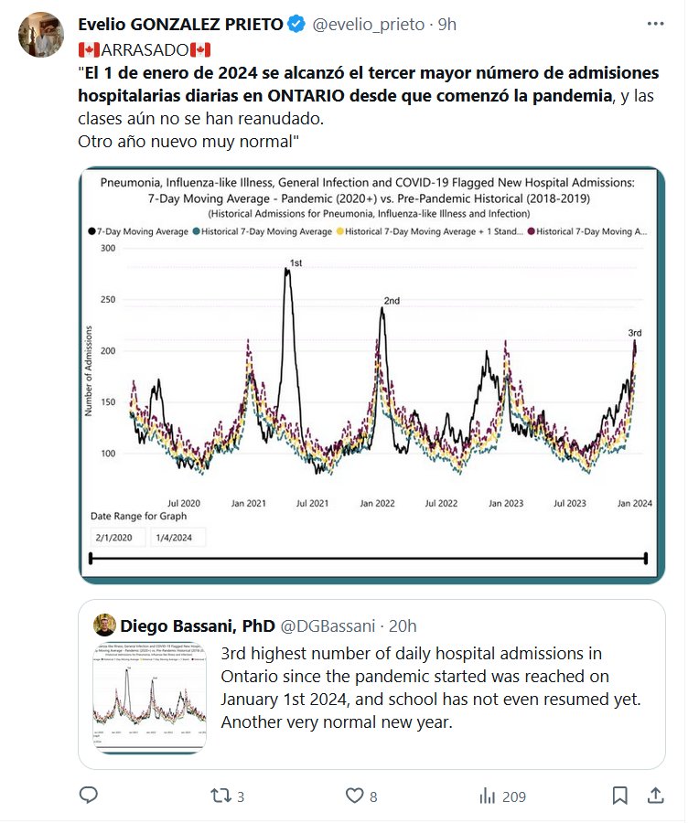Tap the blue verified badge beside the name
(296, 25)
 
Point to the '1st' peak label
(296, 263)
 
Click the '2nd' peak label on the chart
(392, 301)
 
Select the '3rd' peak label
(635, 334)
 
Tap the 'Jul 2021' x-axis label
(313, 503)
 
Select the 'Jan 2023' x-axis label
(505, 503)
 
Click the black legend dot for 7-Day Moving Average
(92, 232)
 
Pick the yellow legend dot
(340, 232)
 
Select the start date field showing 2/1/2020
(118, 537)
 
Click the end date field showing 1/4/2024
(178, 537)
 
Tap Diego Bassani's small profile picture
(105, 625)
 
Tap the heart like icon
(355, 796)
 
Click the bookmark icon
(619, 796)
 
